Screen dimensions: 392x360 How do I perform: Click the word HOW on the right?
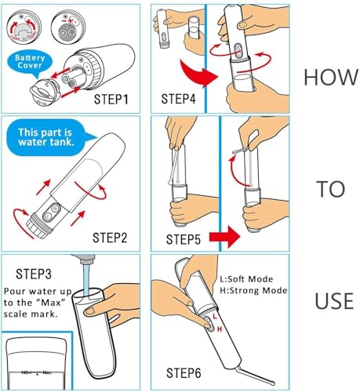(330, 76)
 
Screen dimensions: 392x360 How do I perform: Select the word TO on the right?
(331, 188)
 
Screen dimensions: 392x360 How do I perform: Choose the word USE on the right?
(331, 301)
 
